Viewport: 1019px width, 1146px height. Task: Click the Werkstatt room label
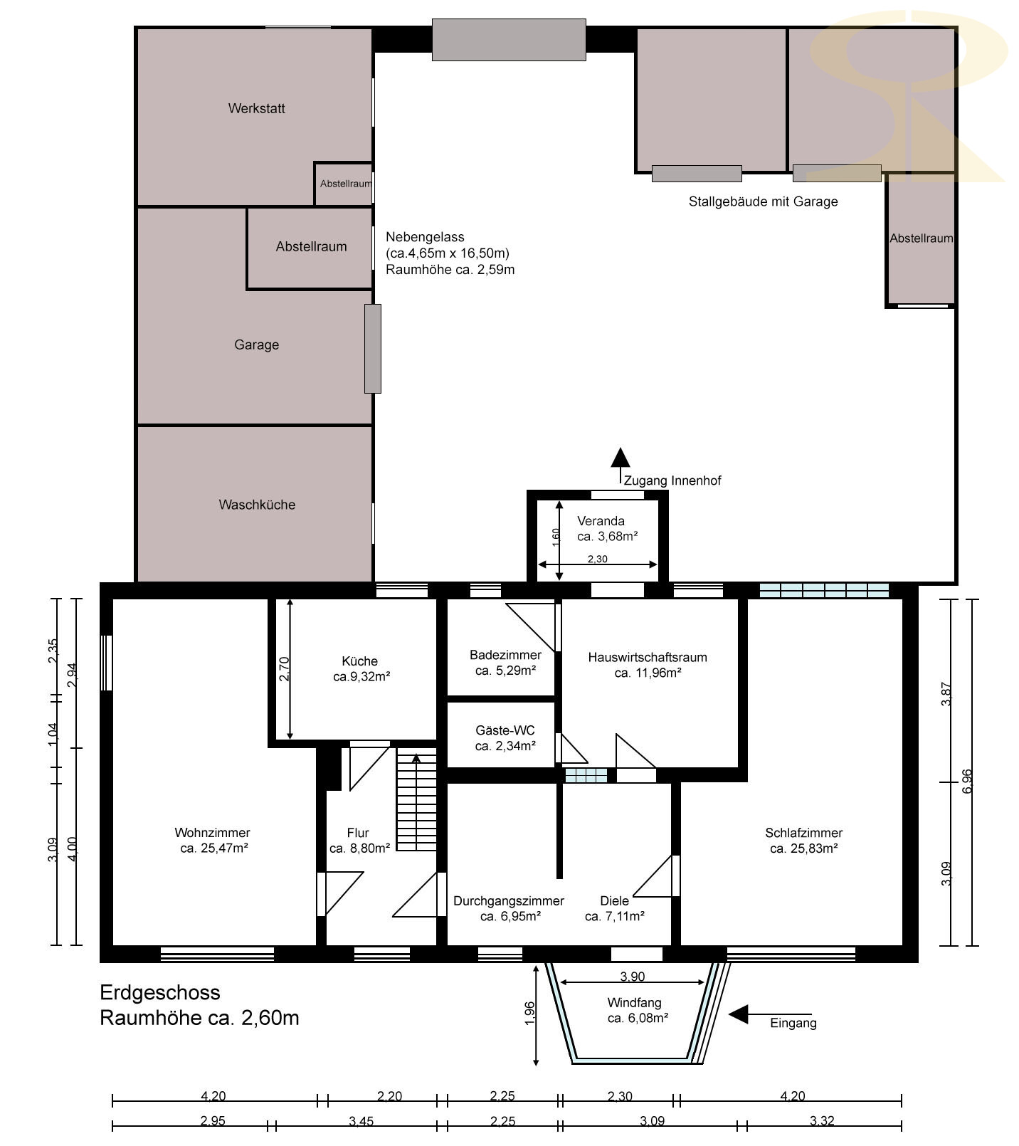[256, 108]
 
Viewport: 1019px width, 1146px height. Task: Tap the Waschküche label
[257, 505]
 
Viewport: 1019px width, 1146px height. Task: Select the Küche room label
[359, 661]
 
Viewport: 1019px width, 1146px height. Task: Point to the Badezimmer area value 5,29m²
[505, 671]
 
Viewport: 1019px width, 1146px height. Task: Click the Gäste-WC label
[505, 730]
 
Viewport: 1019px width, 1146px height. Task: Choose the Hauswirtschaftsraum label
[648, 657]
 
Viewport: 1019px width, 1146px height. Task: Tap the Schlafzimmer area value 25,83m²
[803, 848]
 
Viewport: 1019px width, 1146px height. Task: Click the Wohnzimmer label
[212, 832]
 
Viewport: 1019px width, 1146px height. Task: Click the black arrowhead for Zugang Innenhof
[621, 457]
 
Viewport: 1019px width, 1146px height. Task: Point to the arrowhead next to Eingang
[738, 1014]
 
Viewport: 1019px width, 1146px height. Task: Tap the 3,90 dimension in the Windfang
[633, 976]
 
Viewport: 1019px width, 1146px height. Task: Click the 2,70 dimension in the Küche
[284, 669]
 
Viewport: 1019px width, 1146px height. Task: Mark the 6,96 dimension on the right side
[966, 782]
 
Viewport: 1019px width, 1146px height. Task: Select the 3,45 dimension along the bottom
[361, 1121]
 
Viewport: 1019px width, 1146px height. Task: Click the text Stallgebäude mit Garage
[763, 201]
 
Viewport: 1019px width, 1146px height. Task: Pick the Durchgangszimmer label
[509, 900]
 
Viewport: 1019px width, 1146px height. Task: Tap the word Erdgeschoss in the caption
[160, 992]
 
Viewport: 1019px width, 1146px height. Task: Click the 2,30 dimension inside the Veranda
[598, 559]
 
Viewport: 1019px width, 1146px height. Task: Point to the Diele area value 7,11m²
[615, 916]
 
